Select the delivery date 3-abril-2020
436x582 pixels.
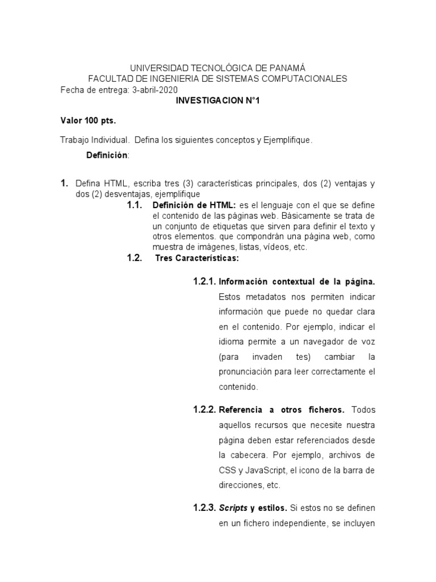[x=154, y=90]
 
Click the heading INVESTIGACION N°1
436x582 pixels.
[x=218, y=101]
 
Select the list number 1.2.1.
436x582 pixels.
[x=204, y=281]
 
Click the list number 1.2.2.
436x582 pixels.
[x=204, y=409]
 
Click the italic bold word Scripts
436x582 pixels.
[x=233, y=507]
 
